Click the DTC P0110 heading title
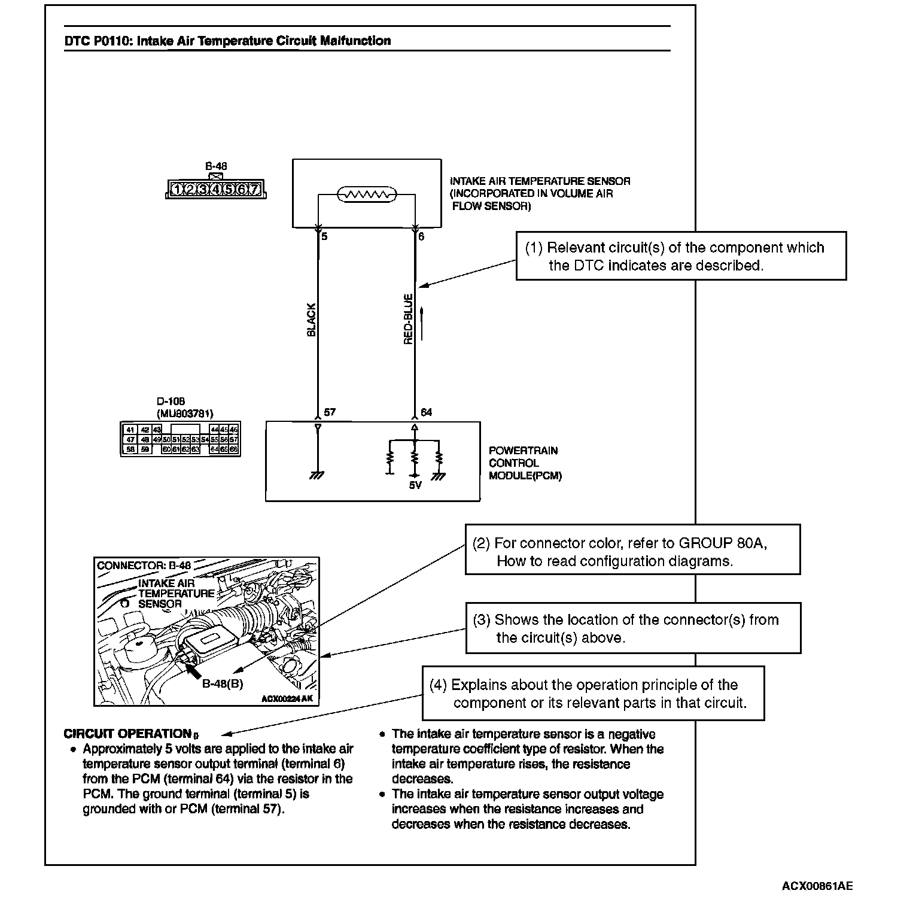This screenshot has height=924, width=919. click(227, 41)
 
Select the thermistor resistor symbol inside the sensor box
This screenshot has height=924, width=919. click(367, 194)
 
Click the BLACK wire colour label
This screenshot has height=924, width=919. click(311, 320)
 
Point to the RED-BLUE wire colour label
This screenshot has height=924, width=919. click(408, 319)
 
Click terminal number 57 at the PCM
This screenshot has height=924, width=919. click(330, 412)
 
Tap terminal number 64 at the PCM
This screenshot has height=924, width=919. click(426, 412)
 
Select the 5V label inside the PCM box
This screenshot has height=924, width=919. click(415, 485)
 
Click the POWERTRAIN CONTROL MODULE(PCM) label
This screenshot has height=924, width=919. click(525, 463)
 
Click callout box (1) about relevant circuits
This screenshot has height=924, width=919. click(681, 256)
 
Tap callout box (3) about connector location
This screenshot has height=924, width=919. click(633, 628)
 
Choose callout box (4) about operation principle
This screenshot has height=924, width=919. click(593, 694)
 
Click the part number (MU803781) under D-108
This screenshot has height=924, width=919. click(185, 414)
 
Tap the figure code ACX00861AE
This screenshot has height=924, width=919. click(817, 886)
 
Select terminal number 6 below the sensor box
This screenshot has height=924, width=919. click(421, 237)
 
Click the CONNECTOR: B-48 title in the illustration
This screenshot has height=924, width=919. click(144, 566)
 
